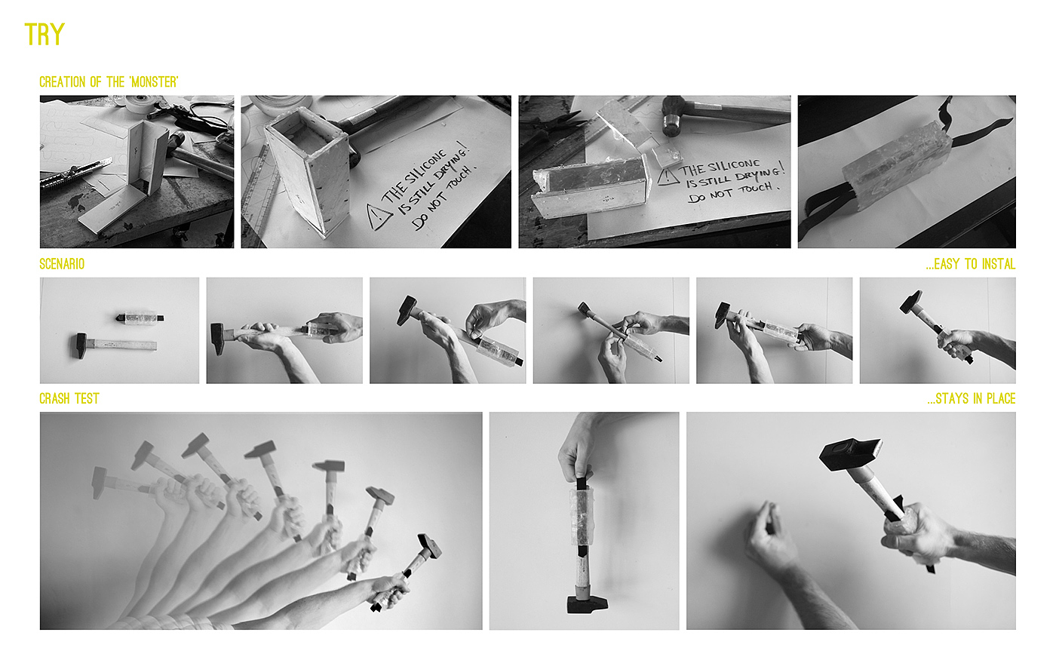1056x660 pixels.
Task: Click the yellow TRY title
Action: [x=45, y=35]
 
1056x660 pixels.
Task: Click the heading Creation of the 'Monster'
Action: [x=109, y=82]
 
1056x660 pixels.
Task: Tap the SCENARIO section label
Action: [x=62, y=264]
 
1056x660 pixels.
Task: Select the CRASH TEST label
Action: [x=69, y=399]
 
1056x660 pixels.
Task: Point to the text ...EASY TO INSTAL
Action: [x=970, y=264]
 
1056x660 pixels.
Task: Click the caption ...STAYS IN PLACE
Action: [x=972, y=399]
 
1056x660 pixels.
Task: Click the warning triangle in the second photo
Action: [x=379, y=217]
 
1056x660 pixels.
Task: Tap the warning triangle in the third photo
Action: [x=668, y=177]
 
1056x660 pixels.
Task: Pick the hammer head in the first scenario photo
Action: [x=81, y=345]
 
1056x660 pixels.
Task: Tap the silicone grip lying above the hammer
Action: [x=140, y=318]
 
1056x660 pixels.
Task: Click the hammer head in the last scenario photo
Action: [x=911, y=302]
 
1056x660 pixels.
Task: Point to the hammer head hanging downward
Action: [x=587, y=604]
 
